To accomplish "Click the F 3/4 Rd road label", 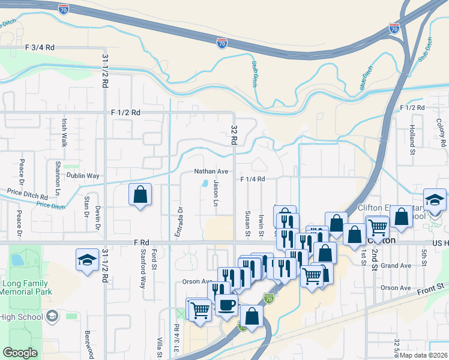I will coord(40,47).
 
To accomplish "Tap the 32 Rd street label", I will coord(234,135).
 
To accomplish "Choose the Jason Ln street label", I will coord(214,195).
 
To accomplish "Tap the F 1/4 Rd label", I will coord(253,179).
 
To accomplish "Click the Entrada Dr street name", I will coord(178,221).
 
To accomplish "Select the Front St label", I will coord(433,293).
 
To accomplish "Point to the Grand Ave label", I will coord(396,265).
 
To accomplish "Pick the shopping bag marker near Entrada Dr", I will coord(140,195).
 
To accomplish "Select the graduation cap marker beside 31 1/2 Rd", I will coord(88,260).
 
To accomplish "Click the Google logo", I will coord(20,353).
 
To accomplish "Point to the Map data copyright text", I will coord(423,355).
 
